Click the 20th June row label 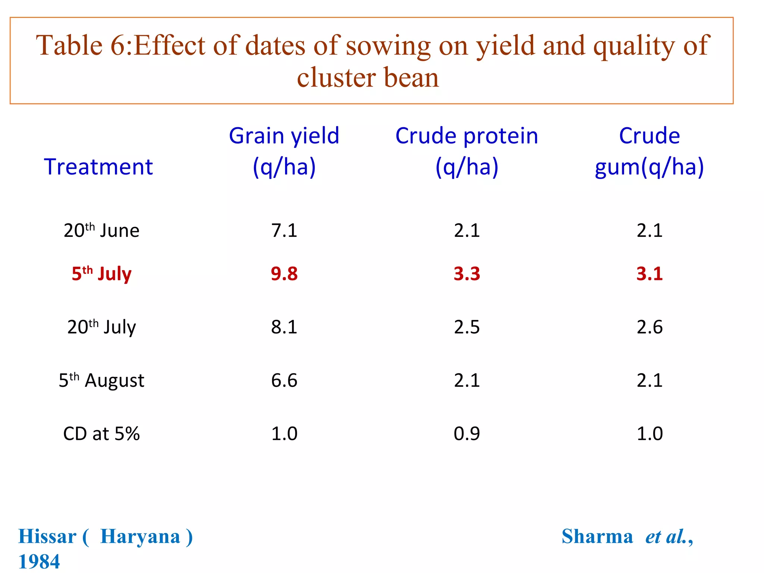point(101,230)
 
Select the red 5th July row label point(101,273)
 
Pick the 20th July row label point(101,327)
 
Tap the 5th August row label point(101,380)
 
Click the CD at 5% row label point(101,433)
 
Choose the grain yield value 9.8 point(284,273)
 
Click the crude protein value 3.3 point(467,273)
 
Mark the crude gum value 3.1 point(649,273)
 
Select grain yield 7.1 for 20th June point(284,230)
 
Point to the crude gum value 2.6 point(649,327)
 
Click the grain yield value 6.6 point(284,380)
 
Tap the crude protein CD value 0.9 point(467,433)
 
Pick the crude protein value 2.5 point(467,327)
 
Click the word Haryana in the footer point(140,536)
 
